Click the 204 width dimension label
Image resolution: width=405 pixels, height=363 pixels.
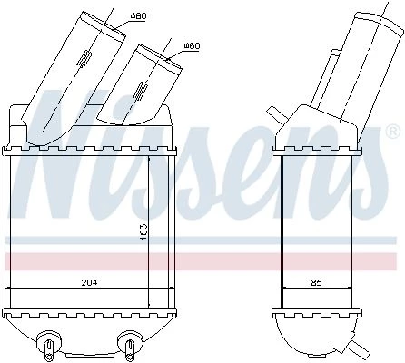coord(89,282)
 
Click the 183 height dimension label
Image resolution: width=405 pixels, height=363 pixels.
coord(143,232)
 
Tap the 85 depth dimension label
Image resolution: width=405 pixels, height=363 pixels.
coord(316,283)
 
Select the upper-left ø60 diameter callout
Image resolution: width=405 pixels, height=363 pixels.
coord(138,16)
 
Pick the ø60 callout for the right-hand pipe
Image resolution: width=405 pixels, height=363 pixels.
coord(192,46)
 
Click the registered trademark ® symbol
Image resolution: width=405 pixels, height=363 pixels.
coord(393,132)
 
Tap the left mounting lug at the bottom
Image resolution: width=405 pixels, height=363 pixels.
coord(48,344)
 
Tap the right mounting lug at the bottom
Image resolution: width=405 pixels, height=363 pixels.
coord(130,344)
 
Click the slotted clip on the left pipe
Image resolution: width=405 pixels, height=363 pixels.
coord(84,59)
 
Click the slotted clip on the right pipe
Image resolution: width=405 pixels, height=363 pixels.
coord(141,91)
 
